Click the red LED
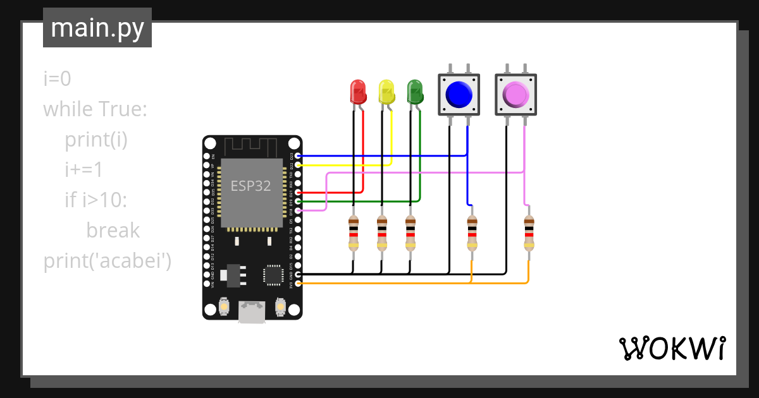click(x=358, y=92)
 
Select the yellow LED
click(x=386, y=92)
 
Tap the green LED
click(x=414, y=92)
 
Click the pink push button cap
click(x=515, y=95)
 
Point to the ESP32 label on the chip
click(x=250, y=185)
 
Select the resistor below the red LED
click(x=354, y=232)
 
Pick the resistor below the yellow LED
click(x=381, y=232)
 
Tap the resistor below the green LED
click(x=410, y=232)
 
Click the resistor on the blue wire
click(x=472, y=232)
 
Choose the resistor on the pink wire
click(x=529, y=232)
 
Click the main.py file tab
click(x=97, y=28)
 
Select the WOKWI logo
click(x=672, y=349)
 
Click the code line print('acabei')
click(x=108, y=260)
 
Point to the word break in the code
click(x=113, y=230)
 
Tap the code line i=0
click(x=57, y=79)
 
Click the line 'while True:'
click(x=95, y=109)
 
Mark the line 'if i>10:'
click(x=96, y=200)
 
